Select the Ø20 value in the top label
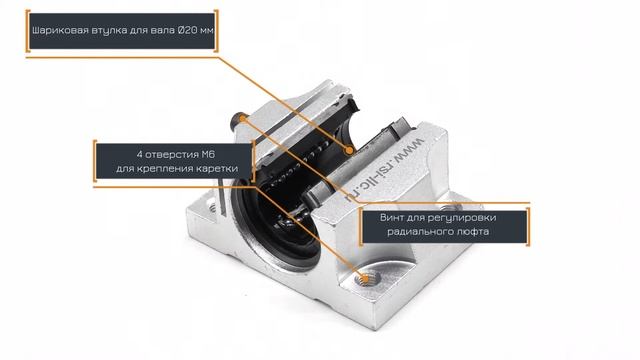pyautogui.click(x=187, y=30)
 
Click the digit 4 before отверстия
pyautogui.click(x=140, y=155)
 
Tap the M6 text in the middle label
pyautogui.click(x=209, y=155)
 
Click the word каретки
pyautogui.click(x=216, y=169)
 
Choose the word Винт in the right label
pyautogui.click(x=392, y=218)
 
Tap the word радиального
pyautogui.click(x=416, y=232)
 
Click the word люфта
pyautogui.click(x=473, y=232)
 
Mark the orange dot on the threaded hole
pyautogui.click(x=366, y=279)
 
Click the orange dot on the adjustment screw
pyautogui.click(x=242, y=118)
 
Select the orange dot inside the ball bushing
pyautogui.click(x=349, y=150)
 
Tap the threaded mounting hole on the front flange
pyautogui.click(x=367, y=279)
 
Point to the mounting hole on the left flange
pyautogui.click(x=213, y=207)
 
